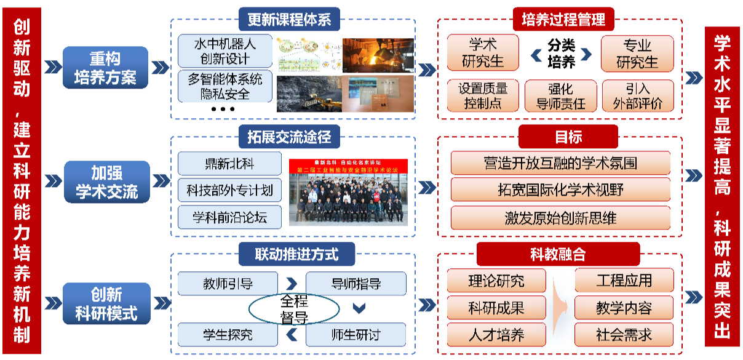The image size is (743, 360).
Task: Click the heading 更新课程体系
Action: click(289, 19)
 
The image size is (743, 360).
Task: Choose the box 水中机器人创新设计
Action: click(224, 51)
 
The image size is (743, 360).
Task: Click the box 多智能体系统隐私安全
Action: click(224, 86)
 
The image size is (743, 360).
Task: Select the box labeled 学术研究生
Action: click(483, 53)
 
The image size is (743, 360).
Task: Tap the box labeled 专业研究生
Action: click(637, 53)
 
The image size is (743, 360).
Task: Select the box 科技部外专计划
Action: click(229, 190)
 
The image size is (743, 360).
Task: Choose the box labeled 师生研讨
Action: click(356, 335)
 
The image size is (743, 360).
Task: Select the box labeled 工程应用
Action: click(624, 281)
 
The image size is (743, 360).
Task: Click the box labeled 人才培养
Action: click(496, 335)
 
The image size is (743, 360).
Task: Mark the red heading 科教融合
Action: click(558, 254)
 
